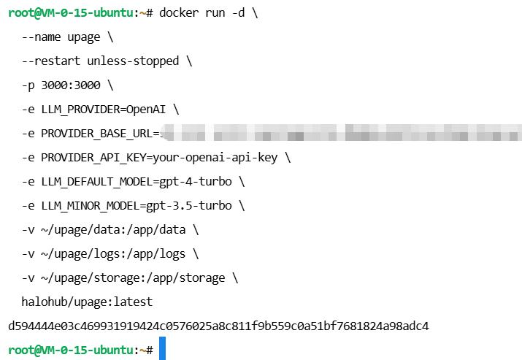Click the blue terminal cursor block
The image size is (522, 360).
(163, 349)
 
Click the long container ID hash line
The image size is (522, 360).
(218, 326)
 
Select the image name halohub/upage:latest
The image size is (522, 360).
(87, 301)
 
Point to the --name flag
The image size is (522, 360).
(40, 37)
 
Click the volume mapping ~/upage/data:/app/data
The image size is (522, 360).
(113, 229)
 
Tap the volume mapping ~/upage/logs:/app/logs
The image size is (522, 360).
(113, 253)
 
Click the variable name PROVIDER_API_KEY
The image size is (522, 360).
(88, 157)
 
